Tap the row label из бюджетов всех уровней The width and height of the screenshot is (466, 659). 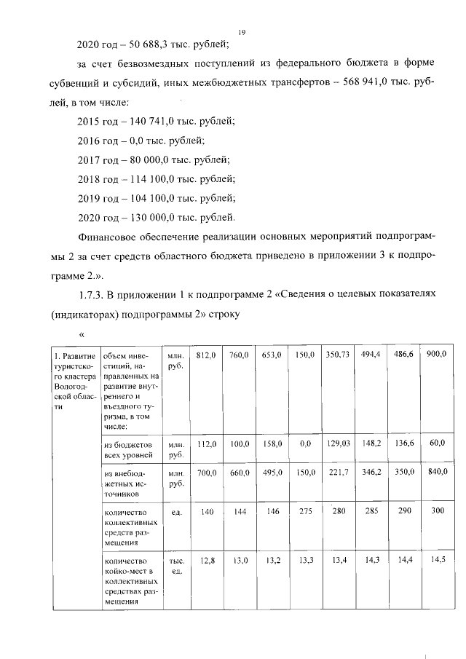point(128,448)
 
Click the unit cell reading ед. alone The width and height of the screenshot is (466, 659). point(175,513)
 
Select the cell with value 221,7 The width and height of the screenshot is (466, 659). point(339,473)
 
